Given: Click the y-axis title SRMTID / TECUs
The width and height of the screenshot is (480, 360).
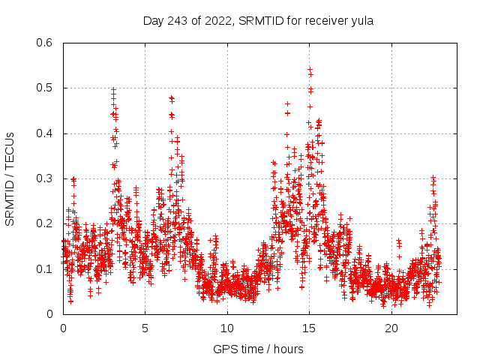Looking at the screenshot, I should [10, 178].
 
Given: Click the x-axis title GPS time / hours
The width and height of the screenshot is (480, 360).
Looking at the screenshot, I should [258, 349].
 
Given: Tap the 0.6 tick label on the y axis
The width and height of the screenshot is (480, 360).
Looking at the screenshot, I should [45, 43].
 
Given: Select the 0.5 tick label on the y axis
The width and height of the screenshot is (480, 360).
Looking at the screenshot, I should [45, 88].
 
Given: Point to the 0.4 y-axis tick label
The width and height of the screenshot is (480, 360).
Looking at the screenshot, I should [45, 133].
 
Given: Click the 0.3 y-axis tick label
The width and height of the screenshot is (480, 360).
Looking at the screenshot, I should [45, 178].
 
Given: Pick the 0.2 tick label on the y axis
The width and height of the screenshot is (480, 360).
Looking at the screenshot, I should [45, 223].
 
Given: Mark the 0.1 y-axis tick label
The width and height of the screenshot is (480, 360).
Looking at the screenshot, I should [45, 268].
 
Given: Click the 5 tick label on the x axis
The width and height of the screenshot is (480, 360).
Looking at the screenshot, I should [145, 328].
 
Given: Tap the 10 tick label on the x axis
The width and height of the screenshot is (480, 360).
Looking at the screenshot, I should [227, 328].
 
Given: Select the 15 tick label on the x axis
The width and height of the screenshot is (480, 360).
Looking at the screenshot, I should [309, 328].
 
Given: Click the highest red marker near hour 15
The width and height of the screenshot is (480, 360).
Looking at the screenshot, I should [310, 69].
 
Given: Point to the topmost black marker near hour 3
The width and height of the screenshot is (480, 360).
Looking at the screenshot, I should [113, 89].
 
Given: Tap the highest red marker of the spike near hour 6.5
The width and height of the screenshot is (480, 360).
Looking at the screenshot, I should [171, 97].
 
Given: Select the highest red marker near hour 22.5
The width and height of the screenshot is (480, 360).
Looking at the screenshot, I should [433, 177].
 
